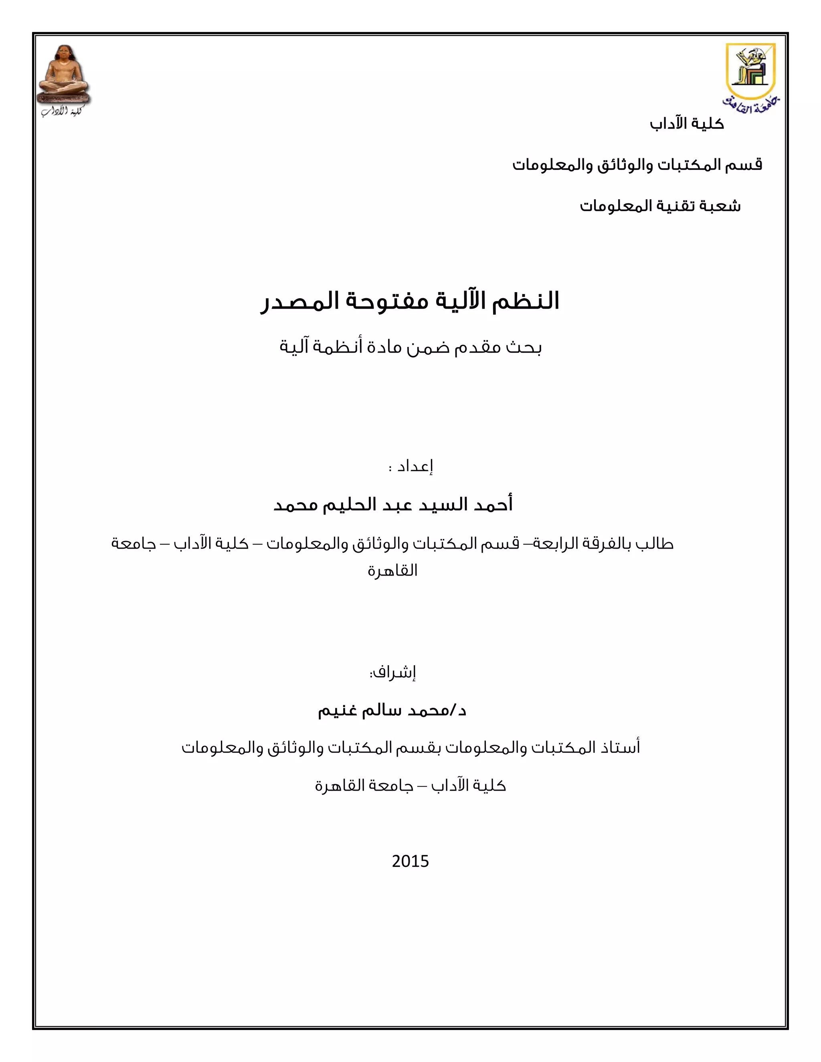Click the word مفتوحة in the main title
(x=387, y=301)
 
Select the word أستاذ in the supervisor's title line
(x=620, y=747)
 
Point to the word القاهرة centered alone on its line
(x=392, y=570)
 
